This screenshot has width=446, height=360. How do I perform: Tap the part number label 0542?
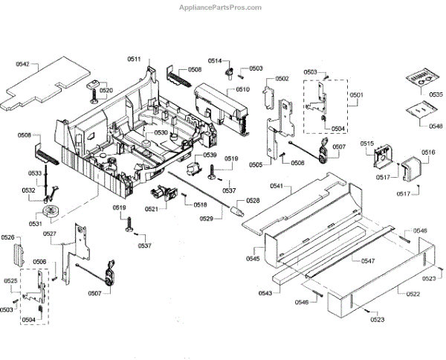tap(22, 65)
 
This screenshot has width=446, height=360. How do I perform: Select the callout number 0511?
tap(134, 59)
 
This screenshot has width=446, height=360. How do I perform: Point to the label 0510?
tap(242, 89)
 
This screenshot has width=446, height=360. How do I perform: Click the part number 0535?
tap(436, 95)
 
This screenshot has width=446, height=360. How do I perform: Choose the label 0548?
tap(436, 126)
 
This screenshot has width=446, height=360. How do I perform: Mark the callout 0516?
tap(428, 152)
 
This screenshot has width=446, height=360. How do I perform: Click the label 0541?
tap(277, 186)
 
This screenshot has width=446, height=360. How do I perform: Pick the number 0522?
tap(413, 296)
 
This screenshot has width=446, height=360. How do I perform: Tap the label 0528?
tap(253, 202)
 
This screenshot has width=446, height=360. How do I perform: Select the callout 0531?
tap(35, 223)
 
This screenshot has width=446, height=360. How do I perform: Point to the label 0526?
tap(8, 237)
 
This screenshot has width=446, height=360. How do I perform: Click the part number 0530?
tap(161, 132)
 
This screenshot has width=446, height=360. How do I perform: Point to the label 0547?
tap(368, 262)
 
